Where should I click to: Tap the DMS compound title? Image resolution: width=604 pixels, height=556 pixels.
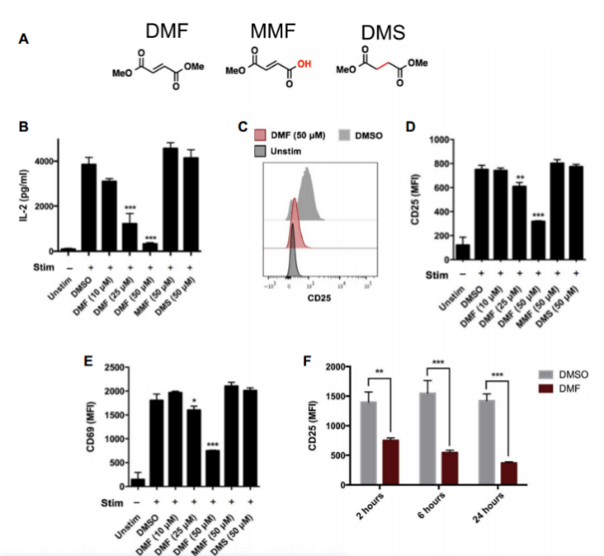pos(383,32)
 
